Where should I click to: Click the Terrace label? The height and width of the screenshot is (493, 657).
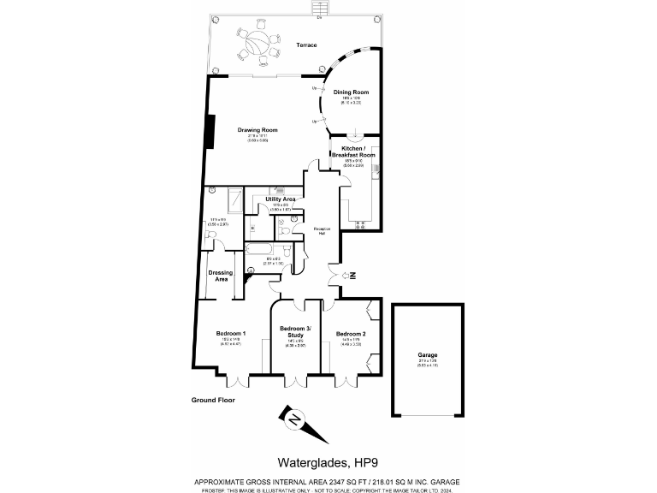pyautogui.click(x=306, y=45)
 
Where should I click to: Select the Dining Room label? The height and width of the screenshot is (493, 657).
pyautogui.click(x=351, y=92)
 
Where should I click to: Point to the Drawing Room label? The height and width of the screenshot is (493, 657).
pyautogui.click(x=257, y=130)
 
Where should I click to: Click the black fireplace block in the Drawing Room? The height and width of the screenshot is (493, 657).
pyautogui.click(x=207, y=131)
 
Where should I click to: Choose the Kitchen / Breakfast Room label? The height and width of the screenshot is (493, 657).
pyautogui.click(x=359, y=151)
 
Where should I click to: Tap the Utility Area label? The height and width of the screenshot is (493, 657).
pyautogui.click(x=281, y=199)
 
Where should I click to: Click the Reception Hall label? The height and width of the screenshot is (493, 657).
pyautogui.click(x=322, y=230)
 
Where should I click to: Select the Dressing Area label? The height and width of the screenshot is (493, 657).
pyautogui.click(x=221, y=276)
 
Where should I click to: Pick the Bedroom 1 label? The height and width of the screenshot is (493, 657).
pyautogui.click(x=231, y=333)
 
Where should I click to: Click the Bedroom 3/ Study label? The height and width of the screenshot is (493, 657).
pyautogui.click(x=296, y=332)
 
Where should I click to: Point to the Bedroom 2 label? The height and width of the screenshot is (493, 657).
pyautogui.click(x=351, y=333)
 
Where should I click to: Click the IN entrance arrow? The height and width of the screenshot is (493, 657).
pyautogui.click(x=350, y=275)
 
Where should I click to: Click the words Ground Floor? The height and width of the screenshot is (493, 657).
pyautogui.click(x=213, y=400)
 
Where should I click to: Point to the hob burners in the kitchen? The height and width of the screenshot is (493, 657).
pyautogui.click(x=358, y=226)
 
